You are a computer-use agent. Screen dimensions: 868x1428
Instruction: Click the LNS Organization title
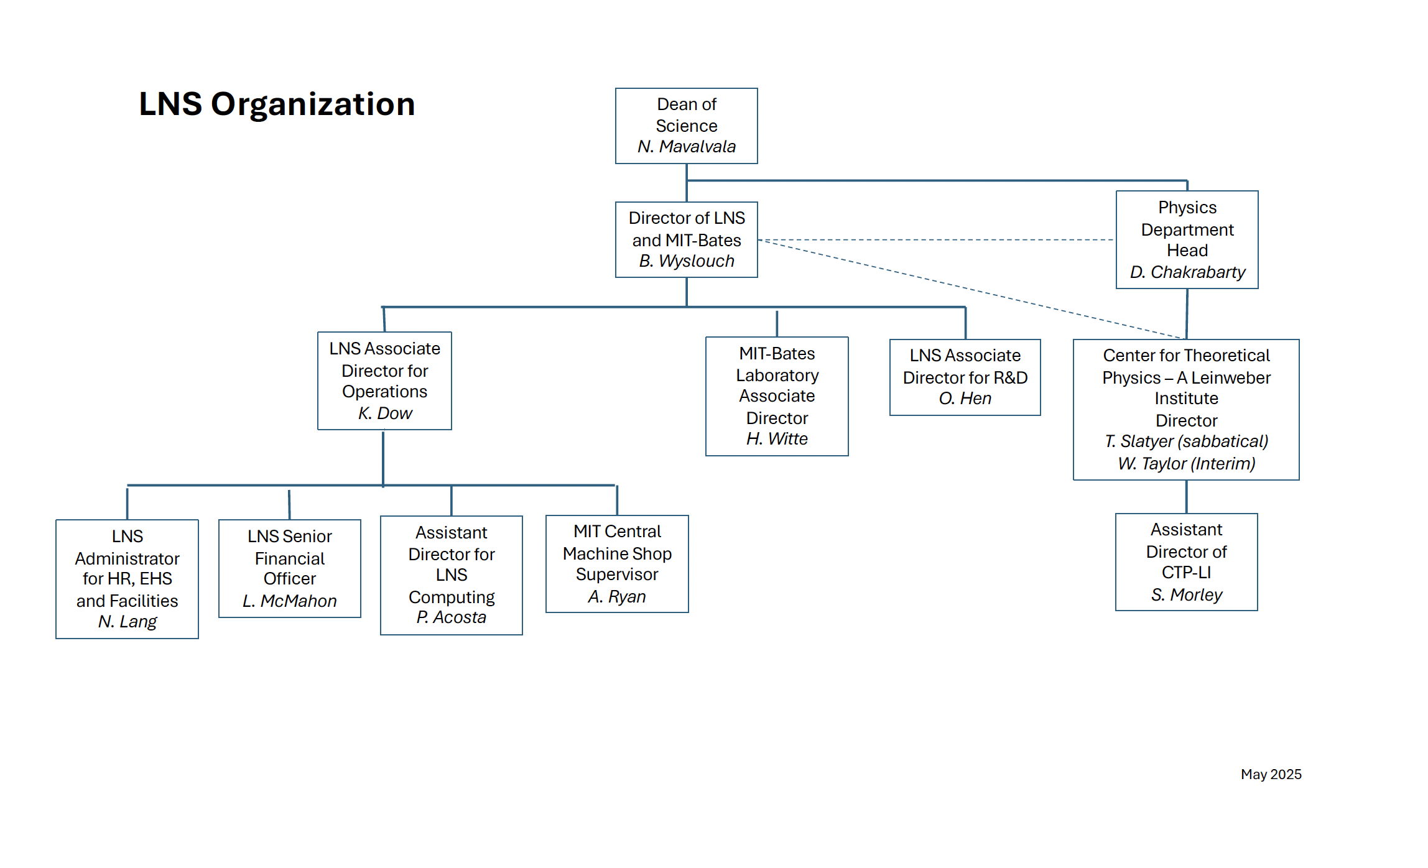277,104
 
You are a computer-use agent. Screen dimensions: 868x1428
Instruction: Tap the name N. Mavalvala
686,147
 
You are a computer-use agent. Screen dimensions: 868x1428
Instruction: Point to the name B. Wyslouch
686,261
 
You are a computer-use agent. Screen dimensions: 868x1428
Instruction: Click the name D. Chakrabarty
1187,272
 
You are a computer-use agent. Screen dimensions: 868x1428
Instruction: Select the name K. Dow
385,413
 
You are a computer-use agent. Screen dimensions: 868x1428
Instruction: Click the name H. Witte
777,439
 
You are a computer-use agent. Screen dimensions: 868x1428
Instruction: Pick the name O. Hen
965,399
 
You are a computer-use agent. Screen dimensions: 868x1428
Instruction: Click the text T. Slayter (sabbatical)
1186,441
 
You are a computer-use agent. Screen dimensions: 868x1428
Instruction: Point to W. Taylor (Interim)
1186,464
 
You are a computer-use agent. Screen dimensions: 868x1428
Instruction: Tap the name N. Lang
127,622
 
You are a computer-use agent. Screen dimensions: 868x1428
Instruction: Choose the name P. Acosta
452,617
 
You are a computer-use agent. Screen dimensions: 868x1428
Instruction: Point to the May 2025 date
1271,774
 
